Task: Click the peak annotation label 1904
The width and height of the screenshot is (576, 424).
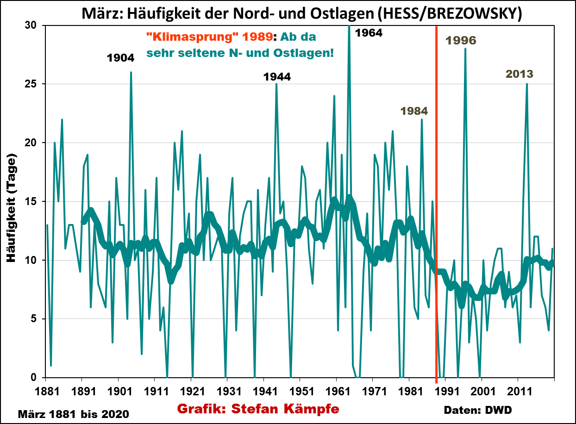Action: pos(120,58)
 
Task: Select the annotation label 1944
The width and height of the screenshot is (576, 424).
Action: pos(277,77)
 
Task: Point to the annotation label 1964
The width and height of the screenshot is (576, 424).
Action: pos(369,33)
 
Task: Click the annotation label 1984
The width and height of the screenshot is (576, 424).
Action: pos(414,111)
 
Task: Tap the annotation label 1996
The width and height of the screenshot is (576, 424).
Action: pos(460,40)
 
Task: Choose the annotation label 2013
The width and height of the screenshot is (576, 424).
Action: pos(519,74)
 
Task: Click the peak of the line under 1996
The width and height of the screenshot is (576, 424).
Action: pos(465,49)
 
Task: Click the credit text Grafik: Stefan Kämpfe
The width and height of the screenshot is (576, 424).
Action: pos(258,409)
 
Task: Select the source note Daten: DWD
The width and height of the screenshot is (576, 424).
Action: pos(478,410)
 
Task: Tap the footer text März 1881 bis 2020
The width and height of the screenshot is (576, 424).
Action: pos(73,413)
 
